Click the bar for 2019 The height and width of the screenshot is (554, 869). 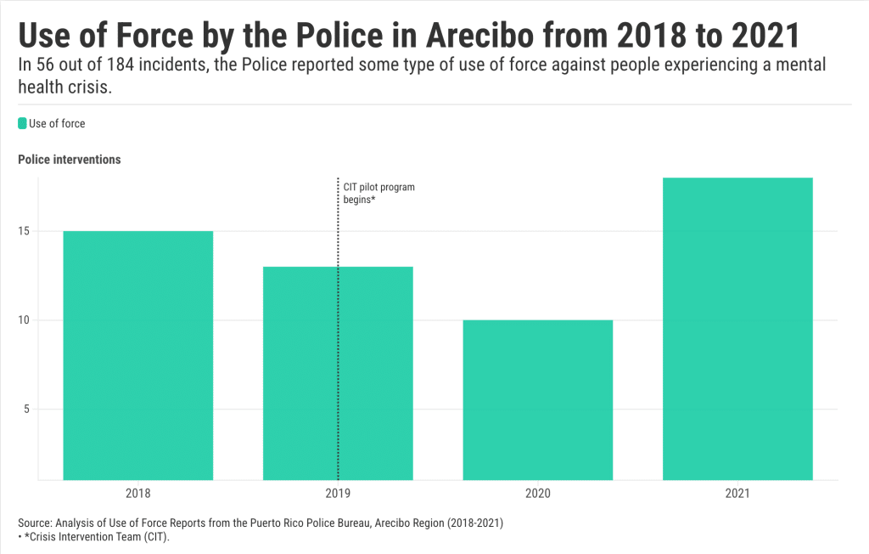[338, 374]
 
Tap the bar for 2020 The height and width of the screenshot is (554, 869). [538, 399]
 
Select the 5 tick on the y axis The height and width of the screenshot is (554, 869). [27, 409]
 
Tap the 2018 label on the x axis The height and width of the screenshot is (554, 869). [137, 493]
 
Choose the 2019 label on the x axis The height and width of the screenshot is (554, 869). [338, 493]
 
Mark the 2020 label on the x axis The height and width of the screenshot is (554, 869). [538, 493]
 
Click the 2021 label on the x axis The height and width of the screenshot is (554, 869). [737, 493]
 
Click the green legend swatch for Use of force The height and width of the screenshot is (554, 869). [22, 124]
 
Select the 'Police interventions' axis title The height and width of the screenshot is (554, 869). [69, 160]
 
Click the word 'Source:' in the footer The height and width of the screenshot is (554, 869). [36, 523]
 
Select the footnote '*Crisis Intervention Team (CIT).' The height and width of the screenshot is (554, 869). [97, 538]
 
